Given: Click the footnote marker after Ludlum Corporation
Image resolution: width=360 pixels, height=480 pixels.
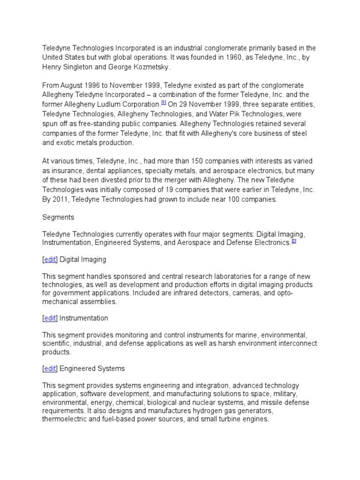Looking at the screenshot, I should click(x=163, y=102).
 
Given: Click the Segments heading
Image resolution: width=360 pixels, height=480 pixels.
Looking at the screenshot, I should click(x=58, y=217).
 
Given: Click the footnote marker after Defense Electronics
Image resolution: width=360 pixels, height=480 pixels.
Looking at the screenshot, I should click(x=294, y=241).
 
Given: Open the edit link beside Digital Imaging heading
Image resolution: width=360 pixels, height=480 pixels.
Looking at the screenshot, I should click(x=50, y=259).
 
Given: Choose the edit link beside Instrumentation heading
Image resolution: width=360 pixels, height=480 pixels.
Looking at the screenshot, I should click(x=50, y=318).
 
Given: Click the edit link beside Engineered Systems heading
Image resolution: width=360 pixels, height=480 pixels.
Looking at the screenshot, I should click(x=50, y=368).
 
